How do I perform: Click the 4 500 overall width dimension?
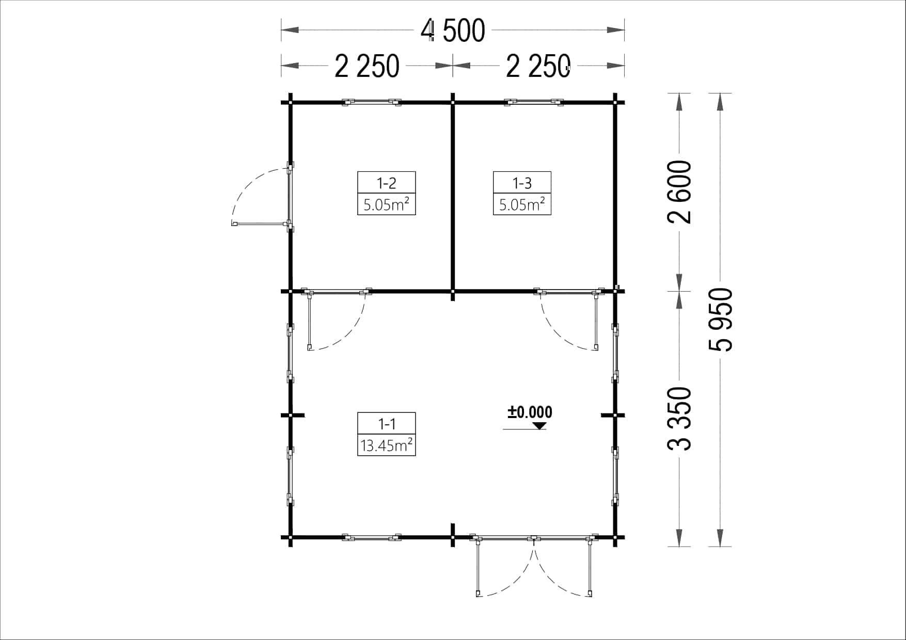point(453,31)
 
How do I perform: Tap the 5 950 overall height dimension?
point(721,320)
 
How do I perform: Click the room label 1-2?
point(386,183)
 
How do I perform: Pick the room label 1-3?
point(522,183)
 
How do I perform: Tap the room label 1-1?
point(386,424)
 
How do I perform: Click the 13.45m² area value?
point(386,445)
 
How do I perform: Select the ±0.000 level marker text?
point(530,412)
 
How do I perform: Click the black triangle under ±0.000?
point(540,426)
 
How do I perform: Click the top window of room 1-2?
point(372,102)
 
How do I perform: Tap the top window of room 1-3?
point(534,102)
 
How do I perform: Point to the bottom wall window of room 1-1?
point(372,538)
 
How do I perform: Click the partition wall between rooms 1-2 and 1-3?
point(453,196)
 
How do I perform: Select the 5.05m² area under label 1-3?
point(522,204)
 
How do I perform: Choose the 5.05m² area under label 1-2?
point(386,204)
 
